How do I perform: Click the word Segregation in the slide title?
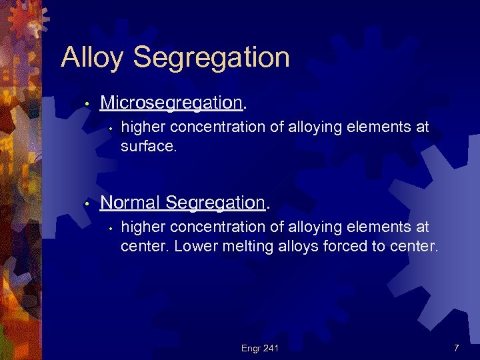[x=211, y=58]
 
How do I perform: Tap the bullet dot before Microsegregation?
[x=87, y=104]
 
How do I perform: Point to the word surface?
[x=149, y=146]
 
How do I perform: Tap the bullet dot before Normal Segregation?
[x=87, y=203]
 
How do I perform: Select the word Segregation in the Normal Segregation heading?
[x=216, y=202]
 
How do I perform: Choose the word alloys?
[x=294, y=246]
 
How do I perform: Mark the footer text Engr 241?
[x=260, y=348]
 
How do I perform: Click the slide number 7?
[x=456, y=348]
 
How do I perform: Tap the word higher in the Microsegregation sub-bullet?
[x=141, y=127]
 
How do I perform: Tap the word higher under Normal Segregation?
[x=141, y=227]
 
